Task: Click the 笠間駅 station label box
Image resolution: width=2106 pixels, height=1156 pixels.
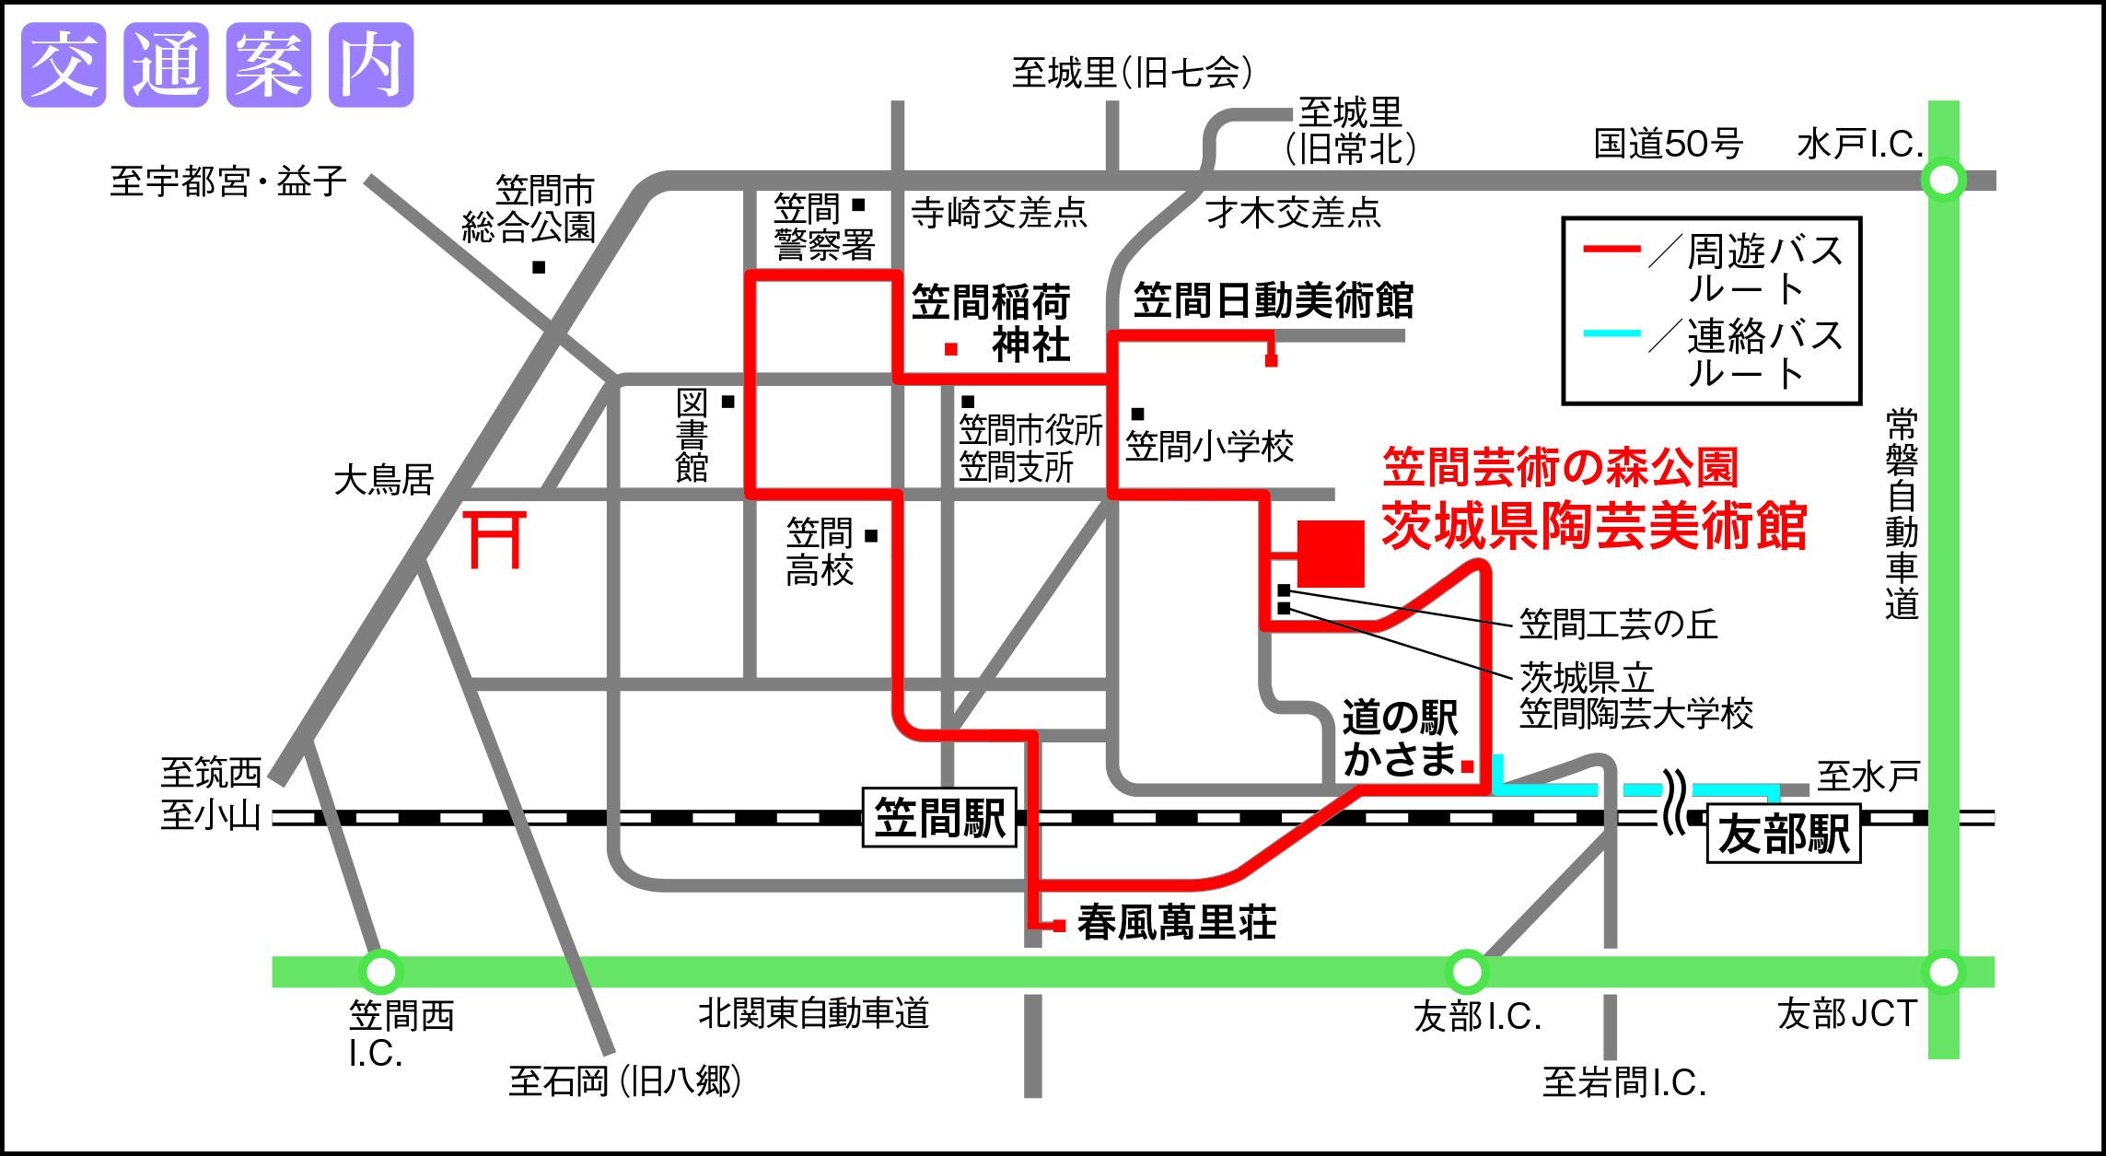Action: point(938,817)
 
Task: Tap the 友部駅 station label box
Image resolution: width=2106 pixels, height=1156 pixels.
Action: point(1784,834)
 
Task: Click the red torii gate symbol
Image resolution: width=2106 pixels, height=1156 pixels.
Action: point(496,539)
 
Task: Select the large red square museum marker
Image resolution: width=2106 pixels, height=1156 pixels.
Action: point(1331,553)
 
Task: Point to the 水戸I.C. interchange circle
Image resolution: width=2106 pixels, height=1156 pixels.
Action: point(1943,180)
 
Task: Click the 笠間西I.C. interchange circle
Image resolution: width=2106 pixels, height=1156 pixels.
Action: point(380,971)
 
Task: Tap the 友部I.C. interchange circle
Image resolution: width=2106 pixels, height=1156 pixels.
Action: point(1466,971)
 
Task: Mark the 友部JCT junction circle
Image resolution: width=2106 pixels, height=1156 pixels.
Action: point(1943,971)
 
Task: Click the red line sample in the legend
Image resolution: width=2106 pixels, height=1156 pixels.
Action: point(1611,250)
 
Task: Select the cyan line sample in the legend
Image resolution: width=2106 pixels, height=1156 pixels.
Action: point(1611,333)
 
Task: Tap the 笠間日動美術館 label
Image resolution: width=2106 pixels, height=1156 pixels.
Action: point(1273,300)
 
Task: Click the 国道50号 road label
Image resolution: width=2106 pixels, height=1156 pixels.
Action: point(1668,145)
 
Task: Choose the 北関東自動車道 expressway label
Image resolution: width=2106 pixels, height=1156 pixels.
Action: point(813,1014)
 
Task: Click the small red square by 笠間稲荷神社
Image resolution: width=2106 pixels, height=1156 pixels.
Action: point(951,349)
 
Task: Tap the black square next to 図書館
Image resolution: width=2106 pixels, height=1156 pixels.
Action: point(727,402)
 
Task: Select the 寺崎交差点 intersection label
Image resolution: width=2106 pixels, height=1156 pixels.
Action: point(999,214)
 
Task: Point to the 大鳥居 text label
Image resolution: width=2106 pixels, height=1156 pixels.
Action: point(383,480)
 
